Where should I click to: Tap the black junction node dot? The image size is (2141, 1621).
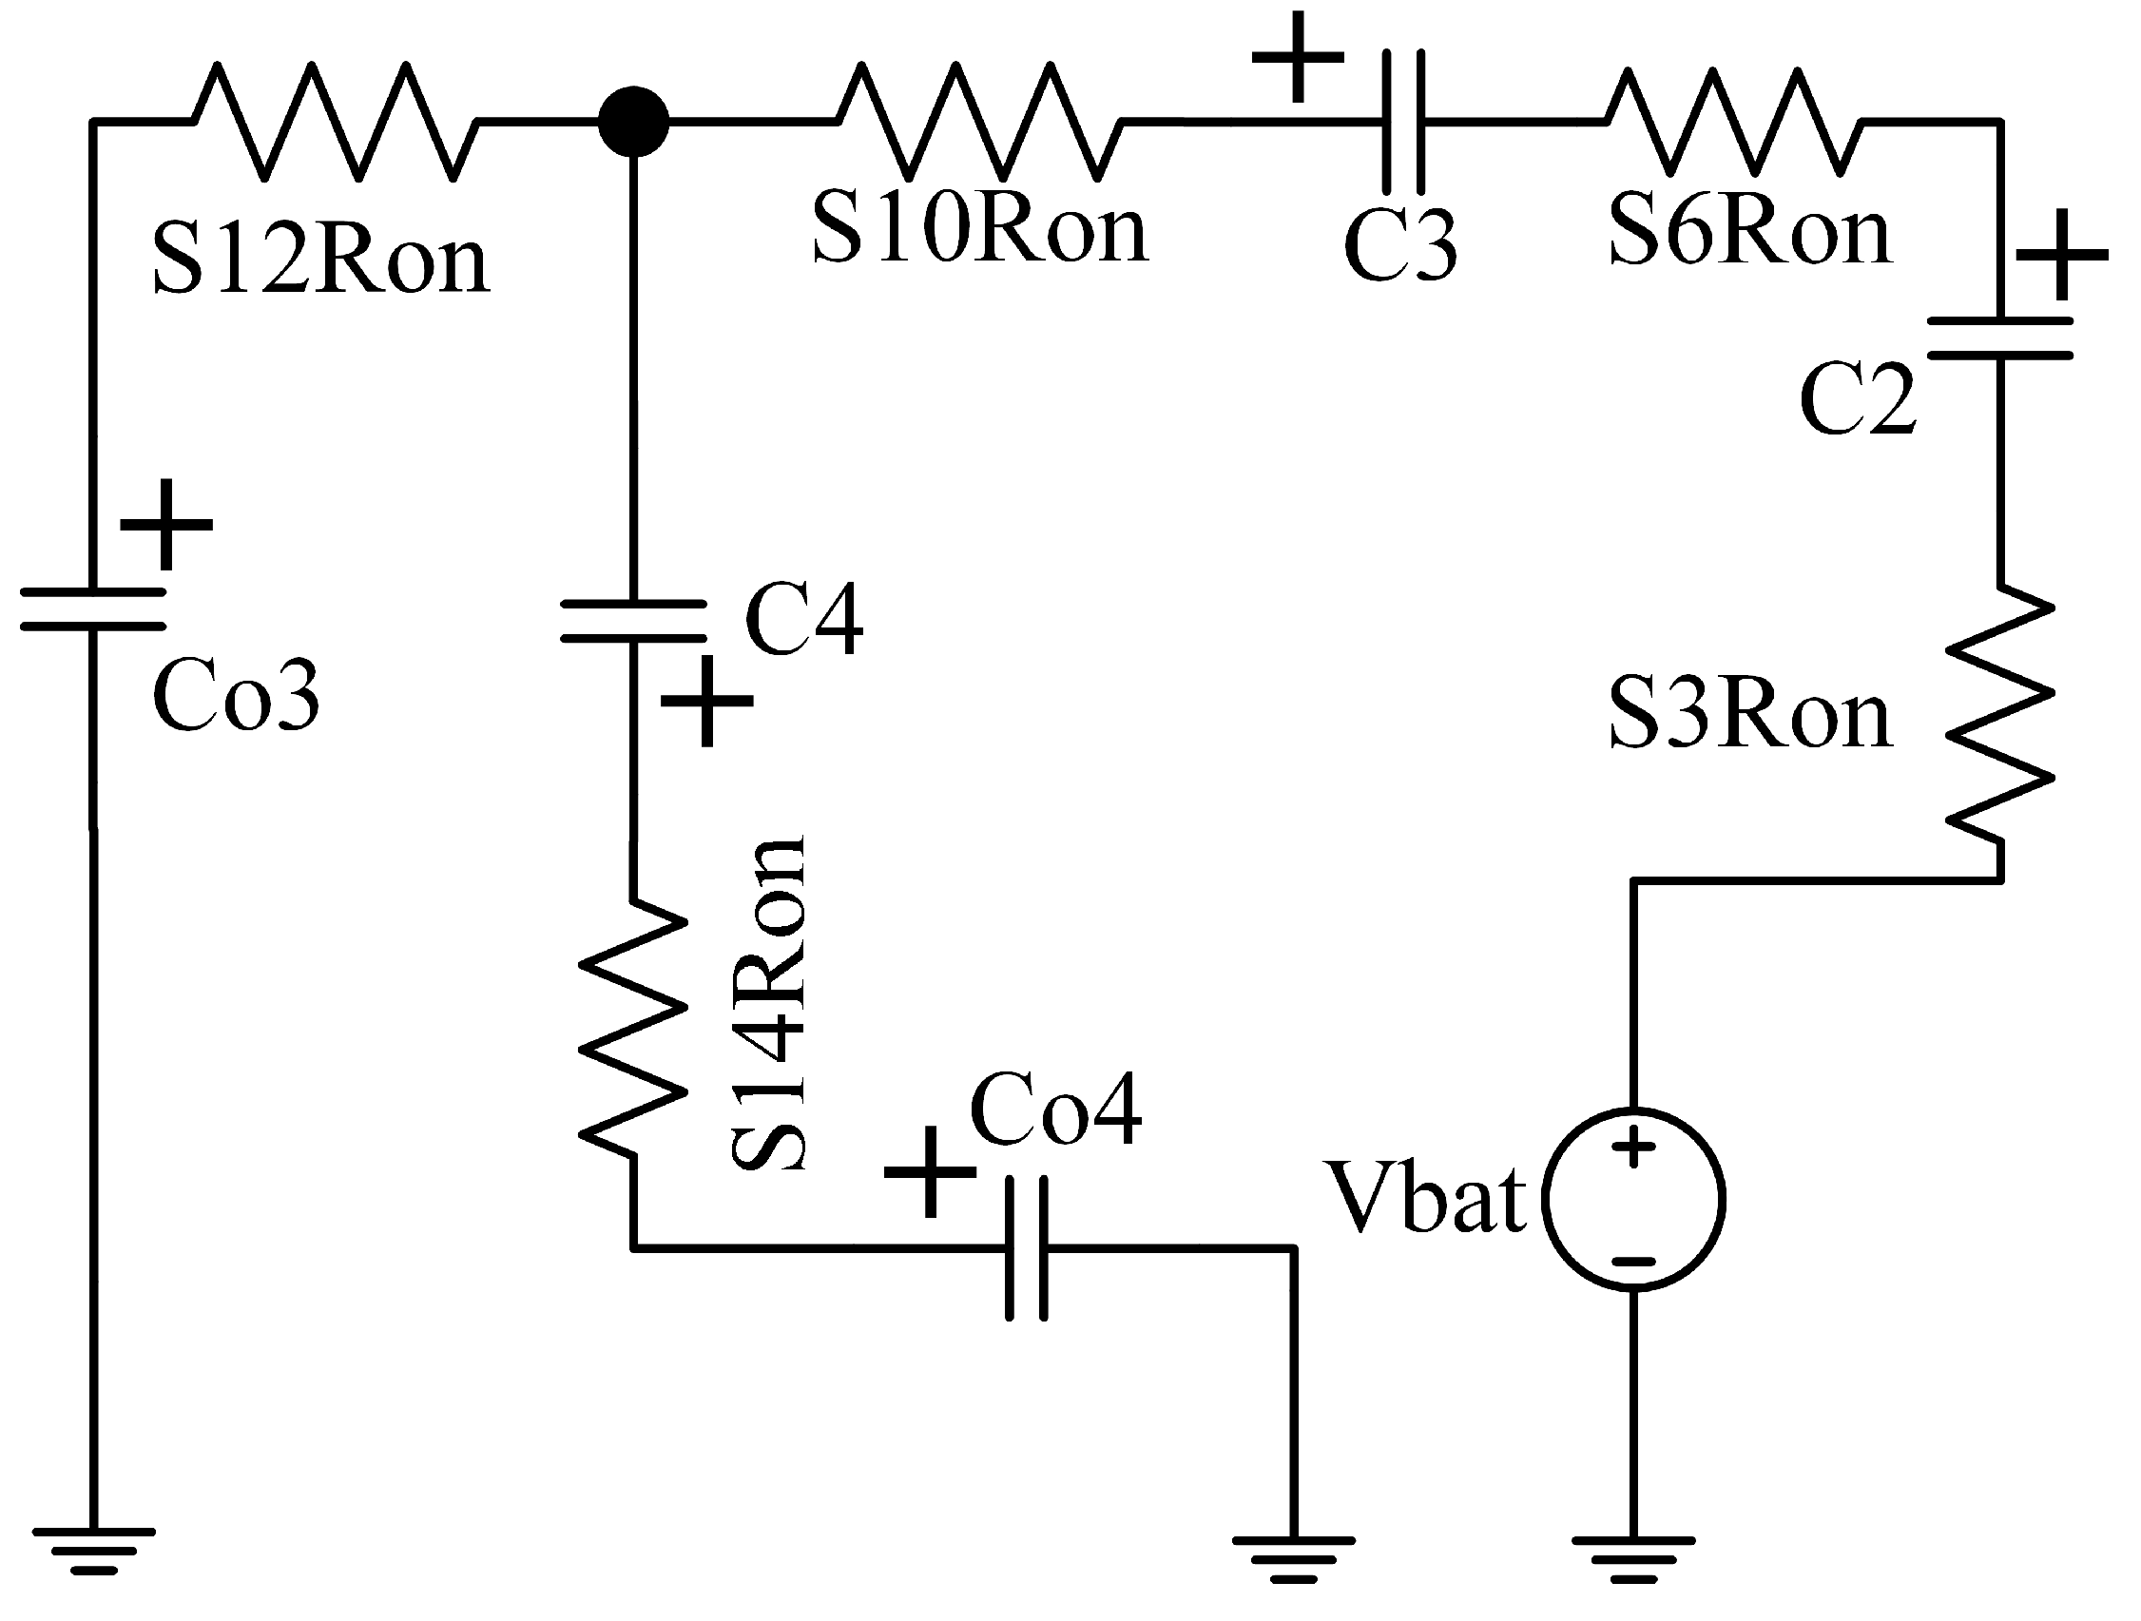click(633, 122)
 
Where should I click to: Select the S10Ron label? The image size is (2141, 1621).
click(979, 230)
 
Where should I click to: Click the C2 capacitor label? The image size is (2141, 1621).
click(1857, 398)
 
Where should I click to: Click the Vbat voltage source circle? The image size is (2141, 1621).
click(1633, 1199)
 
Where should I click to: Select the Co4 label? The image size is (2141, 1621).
click(1055, 1111)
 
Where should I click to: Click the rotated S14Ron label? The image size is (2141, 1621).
click(767, 1004)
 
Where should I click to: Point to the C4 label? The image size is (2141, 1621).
click(803, 621)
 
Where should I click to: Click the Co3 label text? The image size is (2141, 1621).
click(235, 696)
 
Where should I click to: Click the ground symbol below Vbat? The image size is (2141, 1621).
click(1633, 1559)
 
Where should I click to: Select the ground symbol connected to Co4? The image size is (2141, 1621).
click(1293, 1559)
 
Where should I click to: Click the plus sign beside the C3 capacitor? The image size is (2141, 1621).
click(1298, 56)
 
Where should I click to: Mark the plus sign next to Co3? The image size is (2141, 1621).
click(166, 525)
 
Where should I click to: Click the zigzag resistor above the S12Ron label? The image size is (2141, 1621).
click(335, 122)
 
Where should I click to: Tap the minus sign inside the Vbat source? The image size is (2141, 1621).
click(1634, 1262)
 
